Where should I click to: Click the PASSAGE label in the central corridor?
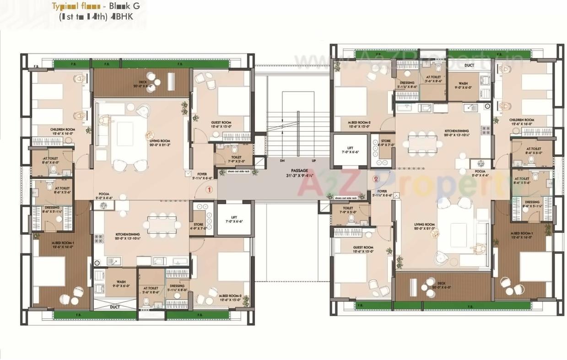[x=299, y=171]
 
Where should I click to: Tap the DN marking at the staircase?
[x=282, y=161]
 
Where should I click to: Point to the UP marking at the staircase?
[x=314, y=161]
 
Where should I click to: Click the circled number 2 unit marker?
[x=376, y=179]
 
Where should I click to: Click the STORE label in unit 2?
[x=385, y=141]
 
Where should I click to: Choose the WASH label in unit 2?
[x=463, y=84]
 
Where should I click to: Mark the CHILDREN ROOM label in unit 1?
[x=62, y=129]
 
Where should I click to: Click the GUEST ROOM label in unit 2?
[x=363, y=247]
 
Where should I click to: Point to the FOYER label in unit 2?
[x=382, y=191]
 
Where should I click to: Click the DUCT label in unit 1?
[x=114, y=307]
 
